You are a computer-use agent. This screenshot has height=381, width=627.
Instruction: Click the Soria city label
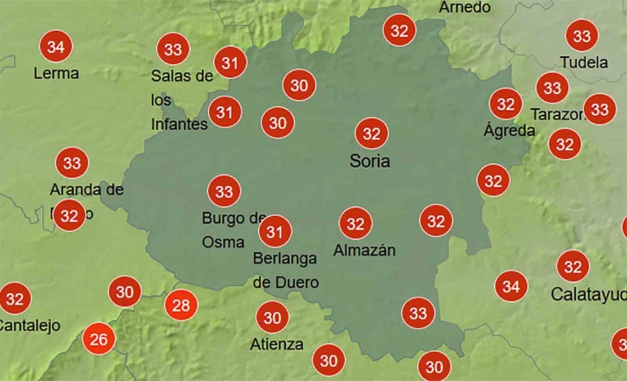(370, 162)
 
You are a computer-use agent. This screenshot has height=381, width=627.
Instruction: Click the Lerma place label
(56, 73)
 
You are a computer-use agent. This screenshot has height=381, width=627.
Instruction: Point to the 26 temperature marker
(98, 339)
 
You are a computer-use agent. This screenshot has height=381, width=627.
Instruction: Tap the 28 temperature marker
(181, 306)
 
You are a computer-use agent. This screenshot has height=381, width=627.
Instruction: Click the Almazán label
(364, 250)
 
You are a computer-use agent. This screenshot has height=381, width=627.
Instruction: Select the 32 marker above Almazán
(356, 224)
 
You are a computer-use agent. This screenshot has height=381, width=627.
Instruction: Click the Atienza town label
(276, 344)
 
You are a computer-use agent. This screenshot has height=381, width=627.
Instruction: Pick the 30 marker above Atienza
(272, 317)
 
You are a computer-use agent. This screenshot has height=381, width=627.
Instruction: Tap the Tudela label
(584, 62)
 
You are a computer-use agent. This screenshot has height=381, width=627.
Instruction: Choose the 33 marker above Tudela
(581, 36)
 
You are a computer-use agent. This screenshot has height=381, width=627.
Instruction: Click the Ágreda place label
(509, 131)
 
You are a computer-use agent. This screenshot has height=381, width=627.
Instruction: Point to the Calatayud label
(587, 294)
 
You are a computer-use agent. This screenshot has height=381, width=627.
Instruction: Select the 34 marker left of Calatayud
(511, 285)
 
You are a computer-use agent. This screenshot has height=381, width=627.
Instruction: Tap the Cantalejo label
(28, 325)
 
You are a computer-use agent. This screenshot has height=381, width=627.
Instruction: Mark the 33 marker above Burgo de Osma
(224, 190)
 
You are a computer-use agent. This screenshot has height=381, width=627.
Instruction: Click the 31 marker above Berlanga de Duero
(276, 232)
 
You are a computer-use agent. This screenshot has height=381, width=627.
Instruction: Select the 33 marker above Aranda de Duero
(72, 162)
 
